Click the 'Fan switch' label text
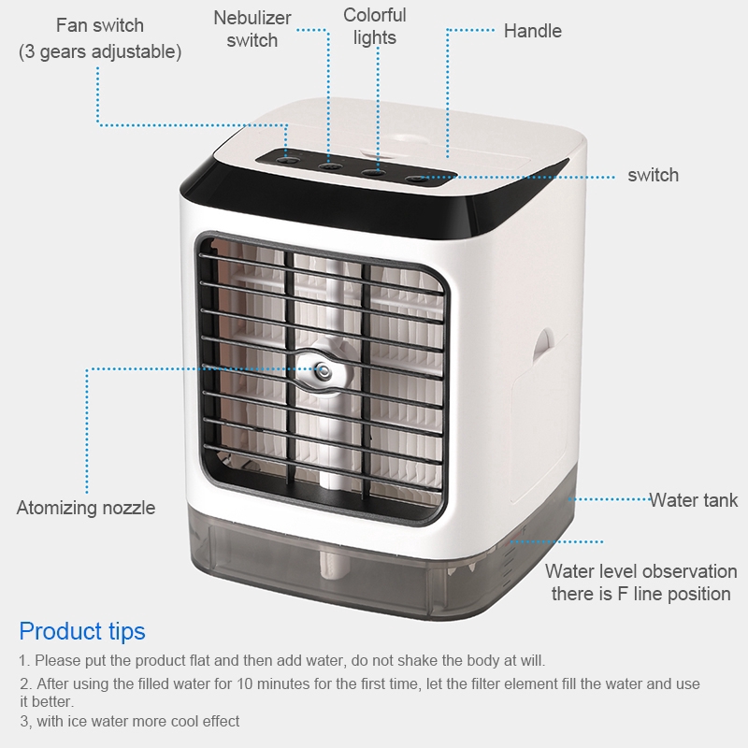(100, 25)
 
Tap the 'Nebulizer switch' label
(252, 29)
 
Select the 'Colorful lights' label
(375, 26)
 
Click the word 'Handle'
(532, 31)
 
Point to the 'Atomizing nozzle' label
(86, 508)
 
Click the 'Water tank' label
(693, 500)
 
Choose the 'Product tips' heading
(82, 632)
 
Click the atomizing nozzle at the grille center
(323, 370)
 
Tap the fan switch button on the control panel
(288, 160)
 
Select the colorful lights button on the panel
(373, 173)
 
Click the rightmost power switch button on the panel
(417, 179)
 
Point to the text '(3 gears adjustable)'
(100, 51)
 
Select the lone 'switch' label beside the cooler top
(653, 176)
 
